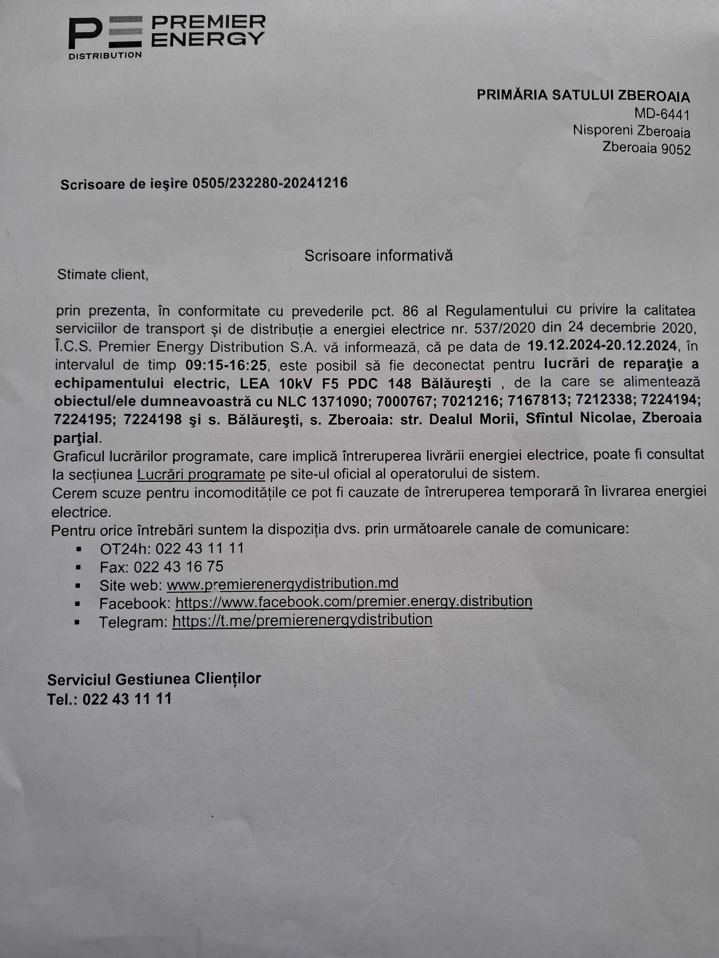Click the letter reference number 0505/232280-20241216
click(x=270, y=184)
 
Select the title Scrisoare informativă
click(x=378, y=255)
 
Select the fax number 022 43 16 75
click(x=178, y=567)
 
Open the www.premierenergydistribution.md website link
click(x=282, y=584)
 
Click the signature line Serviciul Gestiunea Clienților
click(x=154, y=679)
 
